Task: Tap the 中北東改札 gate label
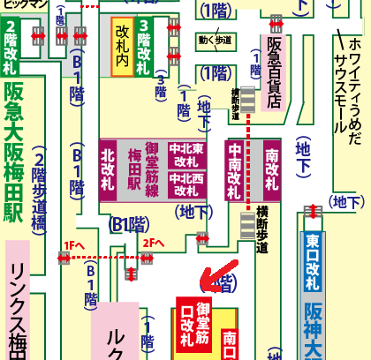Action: [187, 154]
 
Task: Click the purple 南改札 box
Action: [271, 168]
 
